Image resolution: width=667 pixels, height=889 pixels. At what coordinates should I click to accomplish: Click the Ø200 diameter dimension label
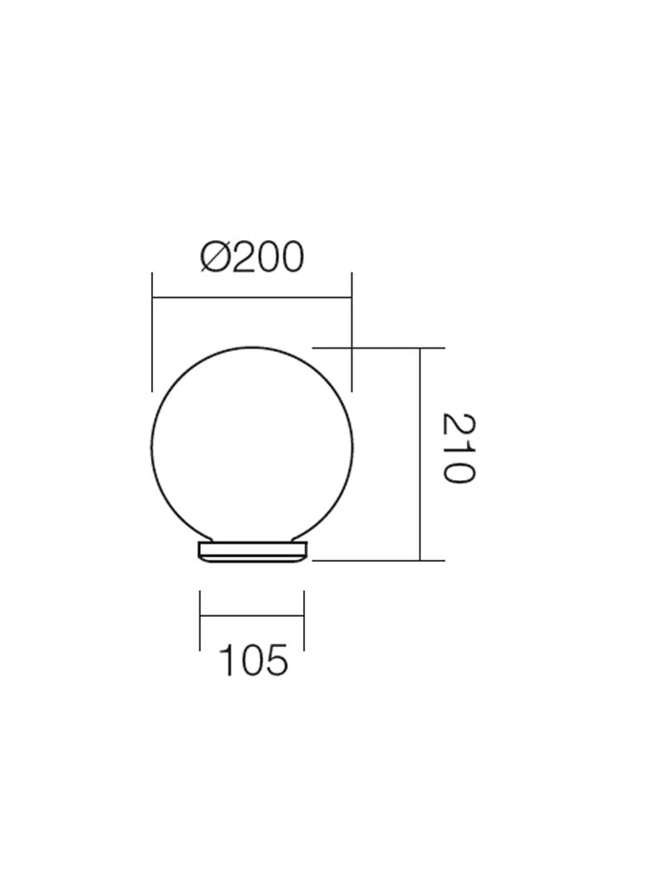[253, 257]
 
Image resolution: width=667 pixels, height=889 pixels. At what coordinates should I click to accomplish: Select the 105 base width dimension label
[253, 661]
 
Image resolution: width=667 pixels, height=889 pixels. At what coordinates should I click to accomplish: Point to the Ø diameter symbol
[217, 257]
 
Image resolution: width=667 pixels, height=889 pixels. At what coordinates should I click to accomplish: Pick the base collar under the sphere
[253, 552]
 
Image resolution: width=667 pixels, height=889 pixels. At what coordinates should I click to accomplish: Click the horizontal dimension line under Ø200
[253, 299]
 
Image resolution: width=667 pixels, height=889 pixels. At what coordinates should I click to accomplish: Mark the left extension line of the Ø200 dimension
[153, 329]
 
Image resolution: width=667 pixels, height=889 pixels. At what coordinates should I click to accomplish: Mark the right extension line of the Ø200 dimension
[353, 329]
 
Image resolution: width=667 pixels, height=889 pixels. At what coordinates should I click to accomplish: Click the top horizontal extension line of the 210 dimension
[378, 348]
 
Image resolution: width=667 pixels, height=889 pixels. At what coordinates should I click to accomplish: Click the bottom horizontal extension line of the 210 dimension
[378, 561]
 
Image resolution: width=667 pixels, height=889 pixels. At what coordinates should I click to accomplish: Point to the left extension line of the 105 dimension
[201, 620]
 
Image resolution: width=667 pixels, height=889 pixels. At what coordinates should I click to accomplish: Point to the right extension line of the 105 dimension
[304, 620]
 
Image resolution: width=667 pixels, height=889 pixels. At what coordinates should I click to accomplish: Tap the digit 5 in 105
[277, 661]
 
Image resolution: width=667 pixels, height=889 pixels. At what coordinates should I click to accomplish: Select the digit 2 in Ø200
[241, 257]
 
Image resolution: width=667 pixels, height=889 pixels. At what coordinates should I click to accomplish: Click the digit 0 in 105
[253, 661]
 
